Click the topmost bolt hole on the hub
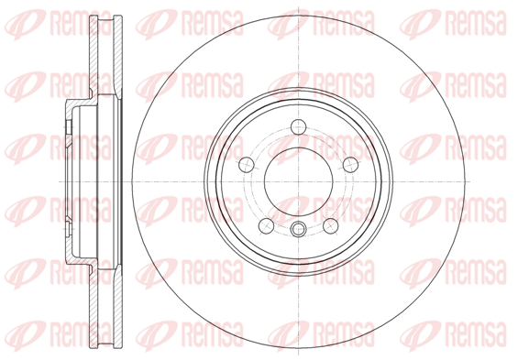click(x=298, y=127)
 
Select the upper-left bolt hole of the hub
click(x=246, y=165)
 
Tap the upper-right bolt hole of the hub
click(x=350, y=165)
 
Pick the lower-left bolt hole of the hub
click(x=266, y=226)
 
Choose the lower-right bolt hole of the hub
click(x=331, y=226)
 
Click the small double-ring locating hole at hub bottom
click(x=298, y=229)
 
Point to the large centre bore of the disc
click(x=298, y=181)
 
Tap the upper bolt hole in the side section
click(x=69, y=126)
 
